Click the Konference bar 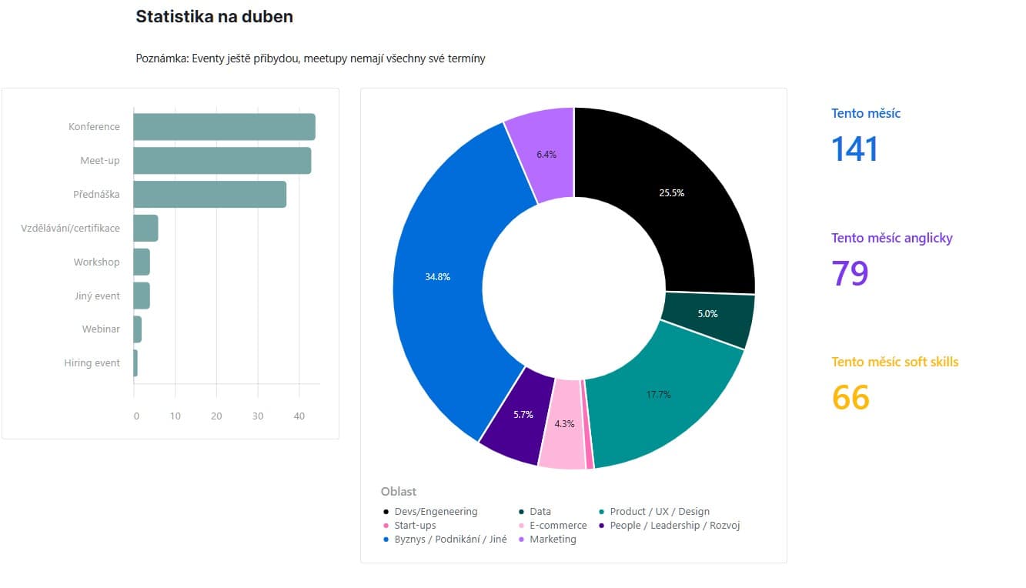(225, 127)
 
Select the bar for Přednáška (210, 194)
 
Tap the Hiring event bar (135, 363)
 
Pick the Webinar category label (101, 329)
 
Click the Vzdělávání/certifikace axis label (70, 228)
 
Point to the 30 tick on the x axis (258, 416)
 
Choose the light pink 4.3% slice (563, 425)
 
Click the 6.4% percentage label (546, 155)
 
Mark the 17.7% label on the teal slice (658, 394)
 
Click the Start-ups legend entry (410, 525)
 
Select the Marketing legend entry (547, 539)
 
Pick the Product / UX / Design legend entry (654, 512)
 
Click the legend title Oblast (399, 491)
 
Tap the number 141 (854, 149)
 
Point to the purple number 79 (850, 273)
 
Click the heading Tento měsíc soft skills (895, 362)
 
